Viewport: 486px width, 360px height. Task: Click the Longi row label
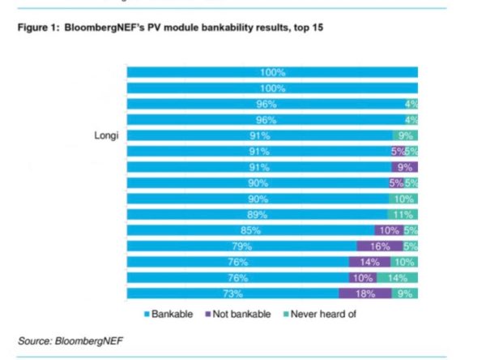[106, 135]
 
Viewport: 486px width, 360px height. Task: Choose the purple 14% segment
[369, 262]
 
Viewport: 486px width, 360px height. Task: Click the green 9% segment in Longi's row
[405, 135]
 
